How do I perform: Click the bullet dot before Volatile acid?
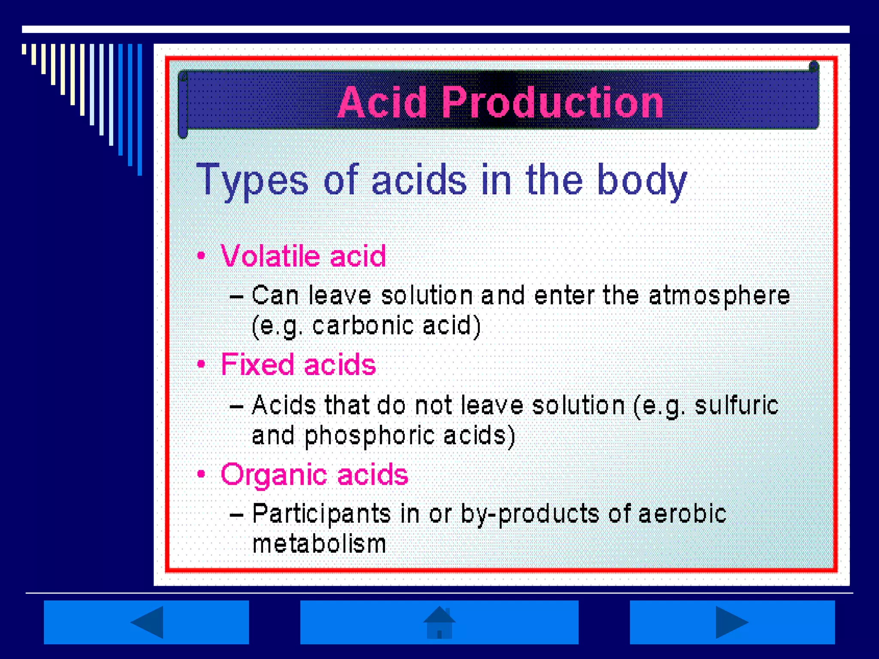201,256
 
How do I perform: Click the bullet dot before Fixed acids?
201,365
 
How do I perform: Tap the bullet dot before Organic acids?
201,474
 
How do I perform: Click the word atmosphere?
719,296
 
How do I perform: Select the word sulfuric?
736,405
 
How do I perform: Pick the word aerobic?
682,514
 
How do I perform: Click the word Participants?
321,514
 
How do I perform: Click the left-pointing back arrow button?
146,622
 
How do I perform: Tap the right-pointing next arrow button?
732,622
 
